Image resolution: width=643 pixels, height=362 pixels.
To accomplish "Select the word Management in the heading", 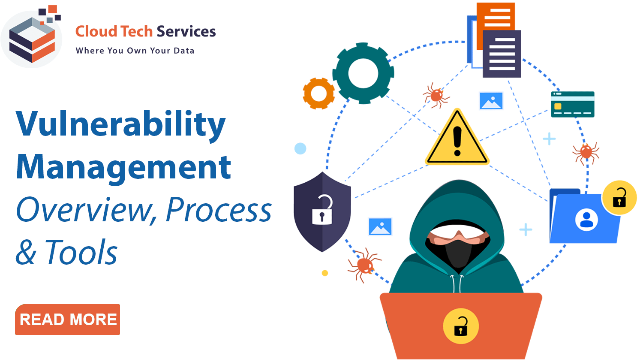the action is pos(123,168).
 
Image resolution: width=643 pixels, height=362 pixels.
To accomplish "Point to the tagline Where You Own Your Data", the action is pos(135,51).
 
